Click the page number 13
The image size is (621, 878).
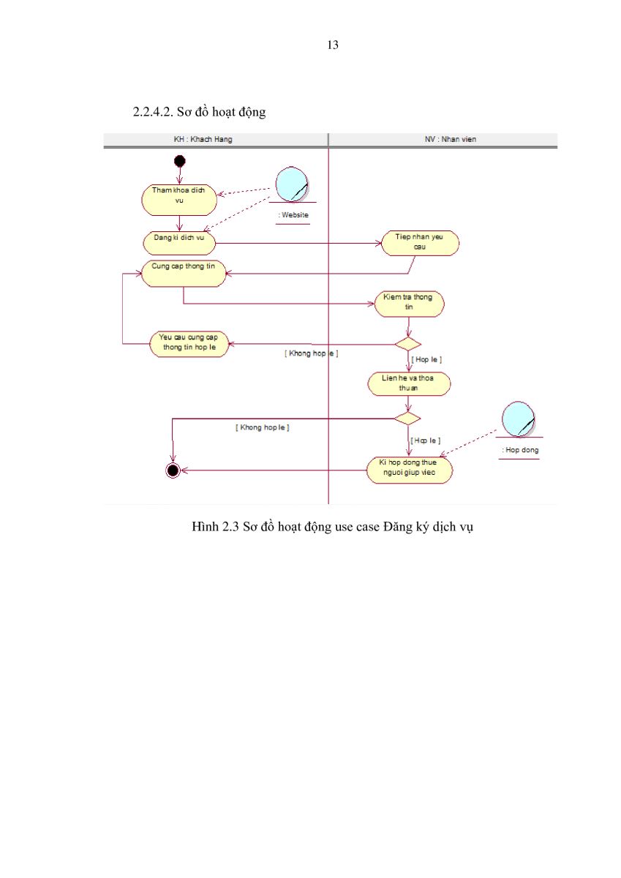pos(333,45)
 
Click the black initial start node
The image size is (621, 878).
pos(179,161)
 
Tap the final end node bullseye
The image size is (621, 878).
pos(173,470)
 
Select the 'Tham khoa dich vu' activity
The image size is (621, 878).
pos(179,200)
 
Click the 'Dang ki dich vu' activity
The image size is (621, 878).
pos(179,243)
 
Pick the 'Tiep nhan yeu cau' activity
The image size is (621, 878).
pos(420,243)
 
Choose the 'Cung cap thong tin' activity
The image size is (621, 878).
pos(184,273)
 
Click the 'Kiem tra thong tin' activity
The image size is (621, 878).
pos(409,304)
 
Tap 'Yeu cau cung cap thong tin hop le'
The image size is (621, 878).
pos(189,344)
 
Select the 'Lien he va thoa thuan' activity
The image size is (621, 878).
pos(409,383)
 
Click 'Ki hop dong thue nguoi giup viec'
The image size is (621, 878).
pos(409,470)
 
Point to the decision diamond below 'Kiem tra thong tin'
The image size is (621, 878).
pos(408,344)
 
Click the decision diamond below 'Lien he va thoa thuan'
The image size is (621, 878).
pos(407,419)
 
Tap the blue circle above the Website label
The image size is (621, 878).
pos(292,184)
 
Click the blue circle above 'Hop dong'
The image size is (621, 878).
pos(518,419)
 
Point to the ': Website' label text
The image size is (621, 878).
pos(293,215)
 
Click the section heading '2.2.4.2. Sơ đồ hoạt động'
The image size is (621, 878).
pos(199,112)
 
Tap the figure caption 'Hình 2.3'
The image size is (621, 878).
pos(215,526)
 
